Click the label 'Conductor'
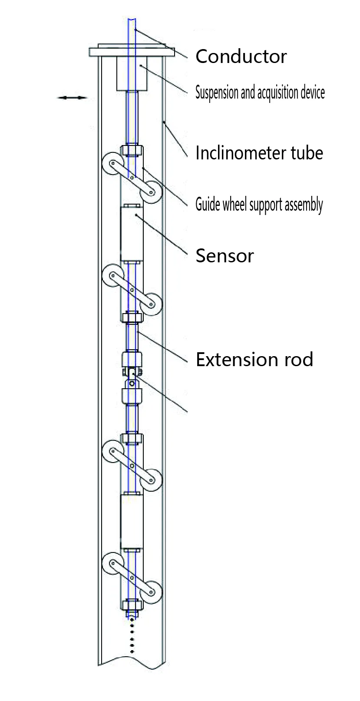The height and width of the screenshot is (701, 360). point(241,56)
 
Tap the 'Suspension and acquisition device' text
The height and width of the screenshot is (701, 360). point(260,93)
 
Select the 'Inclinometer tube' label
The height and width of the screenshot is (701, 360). point(259,153)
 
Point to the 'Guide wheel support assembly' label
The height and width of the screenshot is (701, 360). point(259,204)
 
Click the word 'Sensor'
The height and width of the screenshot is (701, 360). point(225,255)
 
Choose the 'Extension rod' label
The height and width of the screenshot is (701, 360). point(254,360)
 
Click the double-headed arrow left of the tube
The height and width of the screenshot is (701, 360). point(73,98)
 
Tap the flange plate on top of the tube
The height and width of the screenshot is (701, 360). point(132,51)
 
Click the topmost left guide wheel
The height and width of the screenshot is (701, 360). point(111,163)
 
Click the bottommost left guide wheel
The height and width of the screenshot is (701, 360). point(112,563)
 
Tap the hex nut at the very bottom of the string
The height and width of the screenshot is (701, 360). point(132,605)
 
